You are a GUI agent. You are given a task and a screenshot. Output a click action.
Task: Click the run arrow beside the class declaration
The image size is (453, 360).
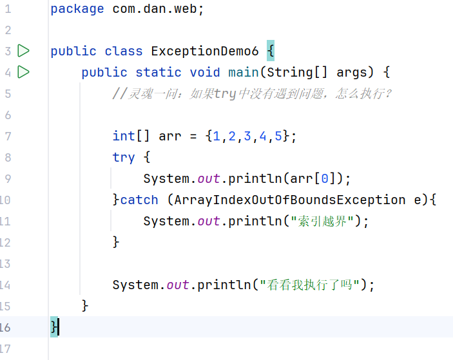[24, 51]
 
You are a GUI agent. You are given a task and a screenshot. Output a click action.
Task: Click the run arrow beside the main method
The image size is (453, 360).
[24, 72]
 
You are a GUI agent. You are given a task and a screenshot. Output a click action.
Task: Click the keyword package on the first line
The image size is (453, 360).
[77, 9]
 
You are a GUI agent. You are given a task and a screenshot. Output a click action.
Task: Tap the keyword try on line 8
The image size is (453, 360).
[124, 158]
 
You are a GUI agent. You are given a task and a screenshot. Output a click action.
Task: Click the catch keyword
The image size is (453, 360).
[139, 200]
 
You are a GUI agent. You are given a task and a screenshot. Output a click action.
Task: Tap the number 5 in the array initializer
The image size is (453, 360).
[278, 137]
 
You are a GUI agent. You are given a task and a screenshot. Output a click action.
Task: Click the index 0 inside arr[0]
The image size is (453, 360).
[324, 179]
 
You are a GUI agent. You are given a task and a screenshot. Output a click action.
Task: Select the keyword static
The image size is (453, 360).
[159, 73]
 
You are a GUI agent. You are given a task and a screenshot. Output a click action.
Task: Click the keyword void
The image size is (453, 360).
[205, 73]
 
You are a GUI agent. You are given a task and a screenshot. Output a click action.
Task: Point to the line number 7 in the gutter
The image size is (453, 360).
[8, 137]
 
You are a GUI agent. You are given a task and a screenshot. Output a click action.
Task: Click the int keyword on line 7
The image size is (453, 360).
[124, 137]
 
